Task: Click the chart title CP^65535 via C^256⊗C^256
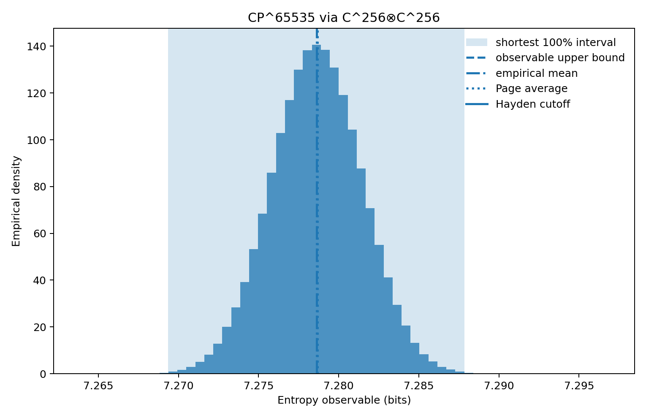[344, 18]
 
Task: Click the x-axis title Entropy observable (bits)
[344, 400]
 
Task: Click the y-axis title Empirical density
[16, 201]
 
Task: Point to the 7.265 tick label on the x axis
[98, 386]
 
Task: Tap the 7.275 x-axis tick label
[258, 386]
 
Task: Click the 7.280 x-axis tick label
[339, 386]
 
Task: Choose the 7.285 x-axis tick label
[419, 386]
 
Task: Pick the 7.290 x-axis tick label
[499, 386]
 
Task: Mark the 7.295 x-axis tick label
[579, 386]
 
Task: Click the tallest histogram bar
[316, 211]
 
